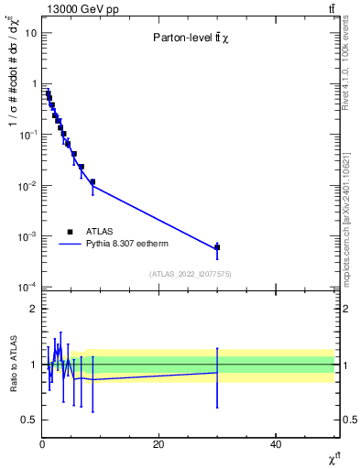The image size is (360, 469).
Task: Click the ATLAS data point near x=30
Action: click(x=217, y=247)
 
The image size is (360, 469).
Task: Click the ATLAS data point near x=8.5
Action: click(x=93, y=181)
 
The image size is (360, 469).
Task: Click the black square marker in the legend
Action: click(x=71, y=232)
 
